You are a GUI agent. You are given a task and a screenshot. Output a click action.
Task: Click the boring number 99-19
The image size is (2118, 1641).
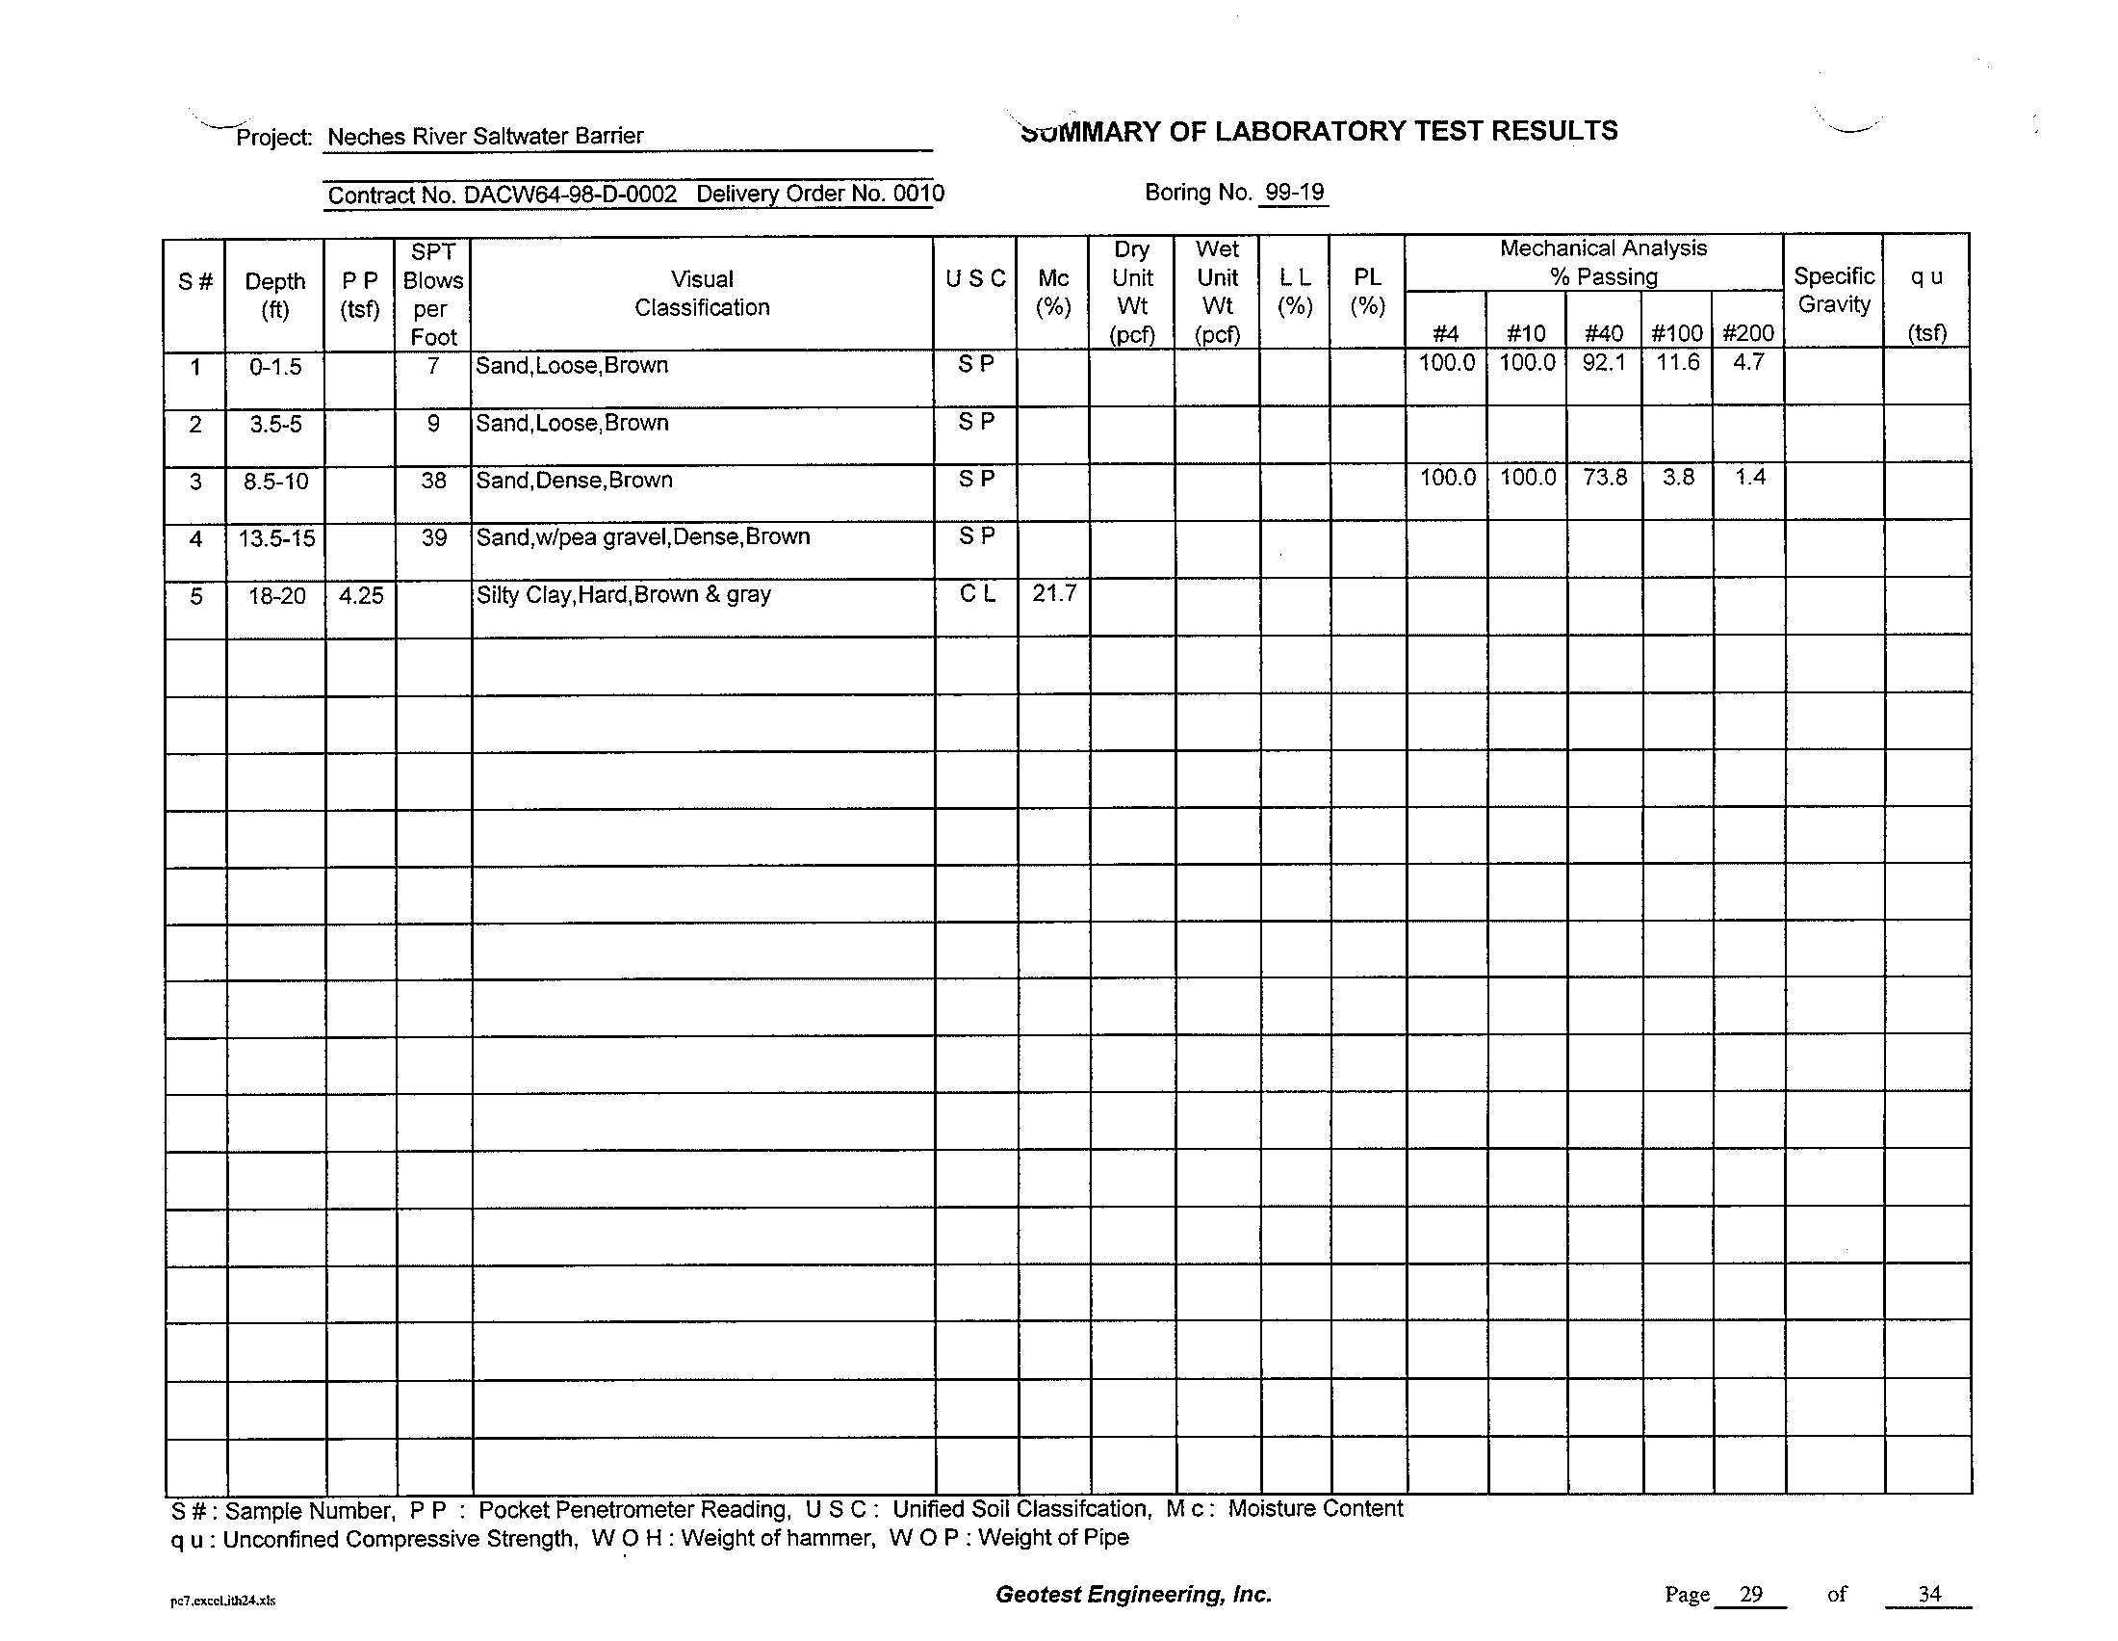tap(1294, 192)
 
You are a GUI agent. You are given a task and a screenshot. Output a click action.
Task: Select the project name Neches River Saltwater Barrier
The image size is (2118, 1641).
tap(485, 136)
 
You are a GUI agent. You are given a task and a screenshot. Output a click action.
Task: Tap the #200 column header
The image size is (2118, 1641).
tap(1747, 333)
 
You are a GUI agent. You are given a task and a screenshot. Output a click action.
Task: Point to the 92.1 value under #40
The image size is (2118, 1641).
tap(1603, 364)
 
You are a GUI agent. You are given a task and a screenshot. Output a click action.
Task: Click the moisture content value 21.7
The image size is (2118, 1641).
tap(1053, 592)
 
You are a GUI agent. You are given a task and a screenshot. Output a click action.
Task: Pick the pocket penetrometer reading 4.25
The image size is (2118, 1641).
tap(361, 595)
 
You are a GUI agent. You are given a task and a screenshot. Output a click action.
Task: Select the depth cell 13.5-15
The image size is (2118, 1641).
tap(276, 538)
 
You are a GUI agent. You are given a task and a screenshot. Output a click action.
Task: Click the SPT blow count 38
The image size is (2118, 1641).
tap(433, 481)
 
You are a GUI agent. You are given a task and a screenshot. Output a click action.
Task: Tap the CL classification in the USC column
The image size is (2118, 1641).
tap(976, 593)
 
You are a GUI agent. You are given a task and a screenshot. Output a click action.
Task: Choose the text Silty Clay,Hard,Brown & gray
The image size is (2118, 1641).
tap(623, 594)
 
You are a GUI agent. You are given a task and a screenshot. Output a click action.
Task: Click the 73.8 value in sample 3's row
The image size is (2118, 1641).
tap(1604, 478)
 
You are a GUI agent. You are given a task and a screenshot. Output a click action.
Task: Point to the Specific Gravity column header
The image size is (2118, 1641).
tap(1833, 290)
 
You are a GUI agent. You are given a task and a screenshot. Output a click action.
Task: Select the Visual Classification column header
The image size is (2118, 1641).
tap(702, 293)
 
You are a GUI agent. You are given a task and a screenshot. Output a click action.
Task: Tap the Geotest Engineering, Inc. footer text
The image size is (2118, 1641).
tap(1133, 1595)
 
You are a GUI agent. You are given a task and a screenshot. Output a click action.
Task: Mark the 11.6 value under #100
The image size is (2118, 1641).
tap(1677, 363)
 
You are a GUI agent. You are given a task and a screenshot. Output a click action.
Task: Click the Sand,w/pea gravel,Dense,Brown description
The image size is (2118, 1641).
tap(642, 537)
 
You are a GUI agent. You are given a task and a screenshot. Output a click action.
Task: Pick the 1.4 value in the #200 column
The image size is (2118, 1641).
tap(1749, 477)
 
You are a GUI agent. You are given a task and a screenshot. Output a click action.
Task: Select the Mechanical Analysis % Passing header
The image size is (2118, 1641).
tap(1602, 262)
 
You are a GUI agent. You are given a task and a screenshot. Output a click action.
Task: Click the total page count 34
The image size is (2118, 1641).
tap(1928, 1595)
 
